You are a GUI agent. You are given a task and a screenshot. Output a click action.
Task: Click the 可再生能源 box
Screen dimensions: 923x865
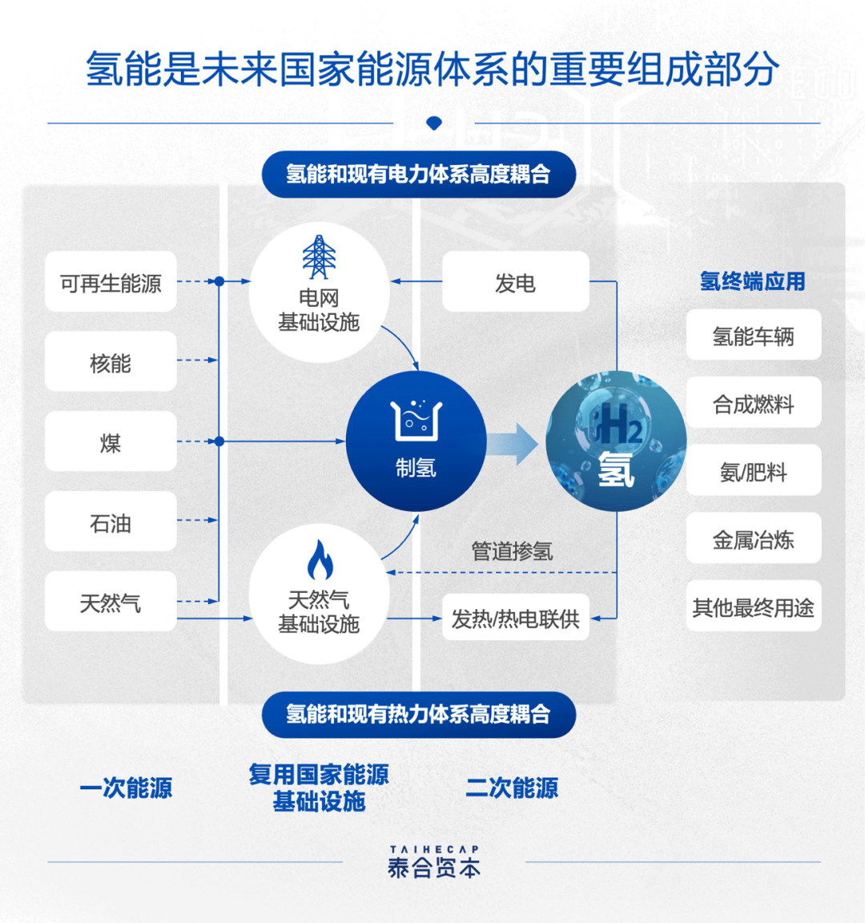(x=111, y=282)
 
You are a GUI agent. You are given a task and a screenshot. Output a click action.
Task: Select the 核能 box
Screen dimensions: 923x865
(x=111, y=362)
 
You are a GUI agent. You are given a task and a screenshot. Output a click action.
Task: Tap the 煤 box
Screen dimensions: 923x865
(x=111, y=441)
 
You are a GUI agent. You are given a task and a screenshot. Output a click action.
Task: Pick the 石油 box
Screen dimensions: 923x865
(x=111, y=522)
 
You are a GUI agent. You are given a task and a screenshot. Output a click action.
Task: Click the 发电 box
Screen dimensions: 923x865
(x=515, y=282)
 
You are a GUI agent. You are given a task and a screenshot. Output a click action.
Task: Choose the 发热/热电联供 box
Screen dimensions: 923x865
(x=515, y=618)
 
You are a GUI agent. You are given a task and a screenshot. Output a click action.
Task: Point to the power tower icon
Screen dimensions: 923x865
(x=319, y=257)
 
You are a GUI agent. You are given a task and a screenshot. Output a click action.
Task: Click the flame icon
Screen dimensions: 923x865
(x=320, y=560)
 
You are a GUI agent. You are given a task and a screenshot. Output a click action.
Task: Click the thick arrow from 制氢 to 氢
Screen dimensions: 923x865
(x=513, y=443)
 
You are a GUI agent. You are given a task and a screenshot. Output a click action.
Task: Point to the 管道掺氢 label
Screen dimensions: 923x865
(x=512, y=551)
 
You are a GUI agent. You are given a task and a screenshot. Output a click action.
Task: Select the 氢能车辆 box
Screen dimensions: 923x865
(x=753, y=336)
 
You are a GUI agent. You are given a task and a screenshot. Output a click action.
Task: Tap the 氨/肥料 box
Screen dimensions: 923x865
(x=753, y=471)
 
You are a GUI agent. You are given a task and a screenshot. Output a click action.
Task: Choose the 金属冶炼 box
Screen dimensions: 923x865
(x=753, y=539)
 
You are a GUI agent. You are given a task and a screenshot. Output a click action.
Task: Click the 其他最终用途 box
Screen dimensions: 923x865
(x=753, y=607)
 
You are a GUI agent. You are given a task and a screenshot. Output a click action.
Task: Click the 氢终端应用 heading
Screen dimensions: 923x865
(x=752, y=281)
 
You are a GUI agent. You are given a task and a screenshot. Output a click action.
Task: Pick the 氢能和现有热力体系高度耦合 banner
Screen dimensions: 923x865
(x=418, y=714)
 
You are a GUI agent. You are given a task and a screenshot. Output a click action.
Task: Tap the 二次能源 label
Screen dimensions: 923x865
(x=512, y=788)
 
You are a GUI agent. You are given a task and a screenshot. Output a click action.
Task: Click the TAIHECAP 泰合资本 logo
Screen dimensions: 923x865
(x=434, y=862)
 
